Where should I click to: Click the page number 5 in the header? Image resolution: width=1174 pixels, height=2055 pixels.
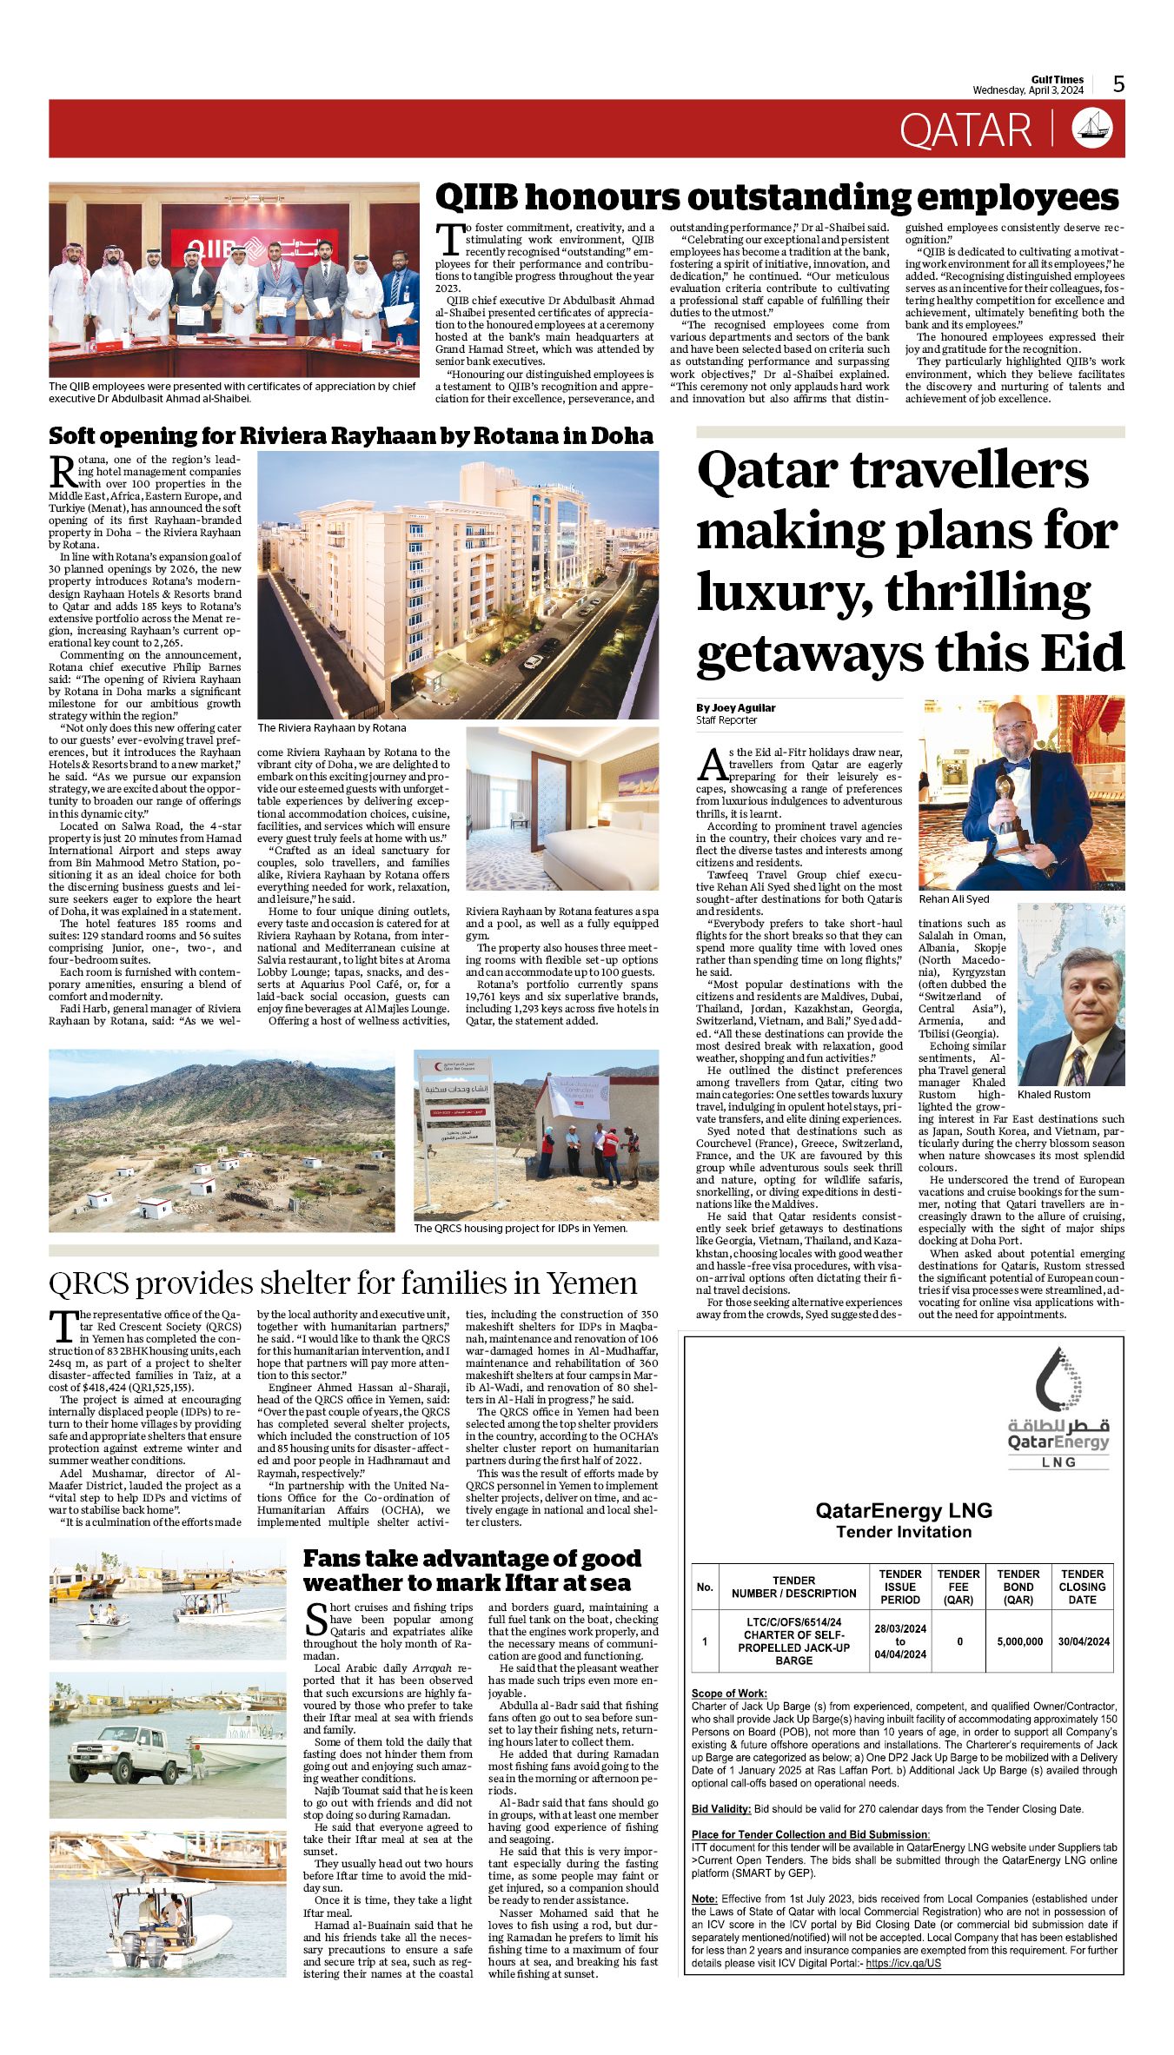1118,83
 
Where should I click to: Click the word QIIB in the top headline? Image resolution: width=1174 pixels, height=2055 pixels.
476,198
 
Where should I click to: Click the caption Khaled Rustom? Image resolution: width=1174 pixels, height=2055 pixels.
1053,1095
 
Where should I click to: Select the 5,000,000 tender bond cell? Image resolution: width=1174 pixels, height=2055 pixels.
1018,1641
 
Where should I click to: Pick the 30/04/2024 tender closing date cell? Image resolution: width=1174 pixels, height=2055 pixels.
1083,1641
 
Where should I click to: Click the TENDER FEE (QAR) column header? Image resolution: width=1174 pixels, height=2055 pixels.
958,1587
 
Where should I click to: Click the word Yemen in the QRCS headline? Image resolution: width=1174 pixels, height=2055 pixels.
591,1283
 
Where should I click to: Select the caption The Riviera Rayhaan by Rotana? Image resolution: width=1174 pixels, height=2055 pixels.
331,728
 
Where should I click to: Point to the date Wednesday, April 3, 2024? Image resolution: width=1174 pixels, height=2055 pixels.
1028,90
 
